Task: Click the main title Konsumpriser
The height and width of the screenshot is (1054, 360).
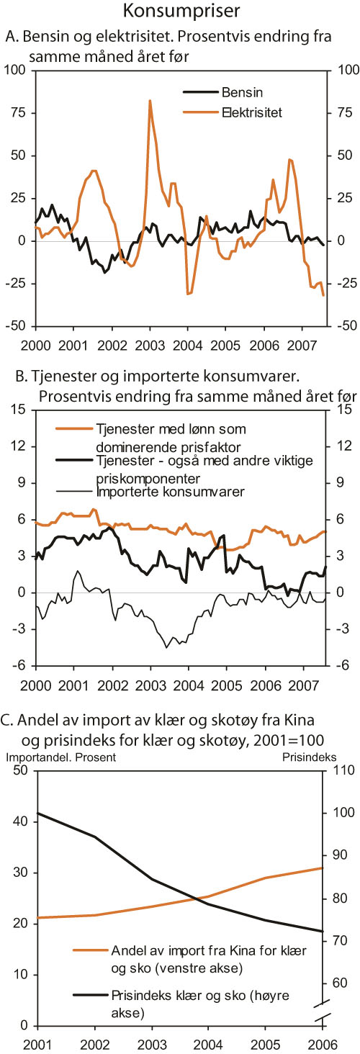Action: point(180,12)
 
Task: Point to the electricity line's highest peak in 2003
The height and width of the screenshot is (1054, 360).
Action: point(150,101)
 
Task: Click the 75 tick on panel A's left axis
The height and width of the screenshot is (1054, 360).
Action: point(15,112)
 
